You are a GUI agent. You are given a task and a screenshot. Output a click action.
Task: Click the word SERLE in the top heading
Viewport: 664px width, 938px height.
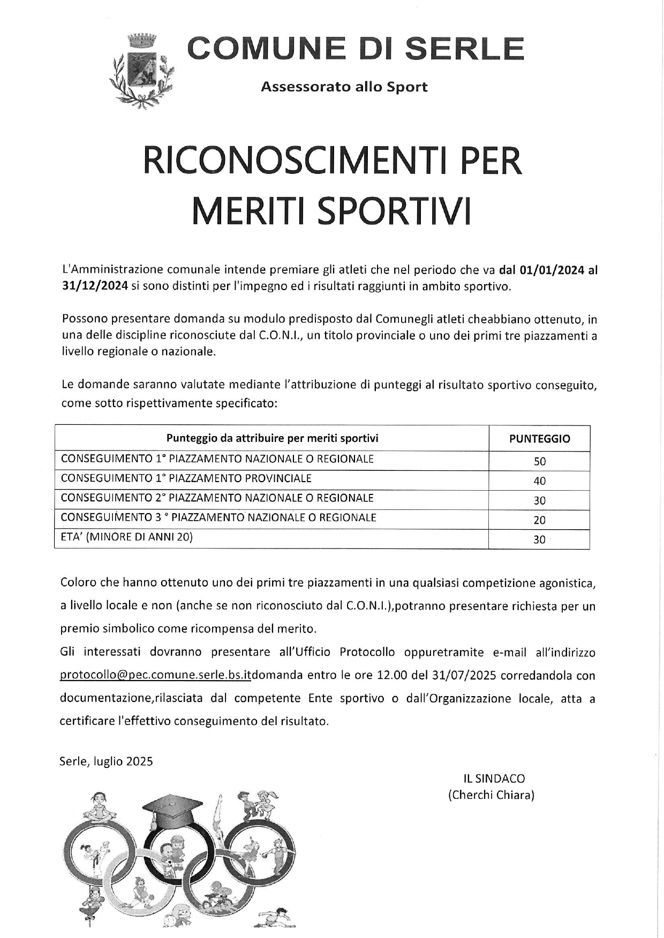464,49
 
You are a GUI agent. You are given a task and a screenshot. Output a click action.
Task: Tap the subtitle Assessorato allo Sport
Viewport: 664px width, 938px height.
344,87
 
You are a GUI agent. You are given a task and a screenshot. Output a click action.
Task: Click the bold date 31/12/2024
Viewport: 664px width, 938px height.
94,286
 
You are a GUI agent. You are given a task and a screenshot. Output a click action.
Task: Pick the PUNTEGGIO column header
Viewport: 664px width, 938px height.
539,439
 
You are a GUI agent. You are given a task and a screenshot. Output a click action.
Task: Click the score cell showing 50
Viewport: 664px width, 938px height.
539,461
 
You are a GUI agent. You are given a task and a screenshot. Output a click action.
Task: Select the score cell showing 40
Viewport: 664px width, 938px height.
539,481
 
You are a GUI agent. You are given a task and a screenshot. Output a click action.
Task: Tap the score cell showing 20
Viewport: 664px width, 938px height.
539,520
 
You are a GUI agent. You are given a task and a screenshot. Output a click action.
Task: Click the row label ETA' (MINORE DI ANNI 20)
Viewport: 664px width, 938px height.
127,537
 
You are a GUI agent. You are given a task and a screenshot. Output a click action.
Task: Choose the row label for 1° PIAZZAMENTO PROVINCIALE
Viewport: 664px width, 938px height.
186,478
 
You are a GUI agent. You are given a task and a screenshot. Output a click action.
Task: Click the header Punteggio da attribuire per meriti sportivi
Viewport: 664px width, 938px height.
272,439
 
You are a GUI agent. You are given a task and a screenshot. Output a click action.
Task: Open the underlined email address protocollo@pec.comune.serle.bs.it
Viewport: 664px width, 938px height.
155,676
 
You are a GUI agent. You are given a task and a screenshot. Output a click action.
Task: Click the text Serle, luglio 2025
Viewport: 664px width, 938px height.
106,761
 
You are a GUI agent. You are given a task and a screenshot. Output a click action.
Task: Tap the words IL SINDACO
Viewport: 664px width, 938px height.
494,779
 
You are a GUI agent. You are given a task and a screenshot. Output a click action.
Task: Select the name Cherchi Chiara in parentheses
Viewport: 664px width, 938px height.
492,795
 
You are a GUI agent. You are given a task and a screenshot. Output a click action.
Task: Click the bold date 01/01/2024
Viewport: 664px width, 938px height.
552,270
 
